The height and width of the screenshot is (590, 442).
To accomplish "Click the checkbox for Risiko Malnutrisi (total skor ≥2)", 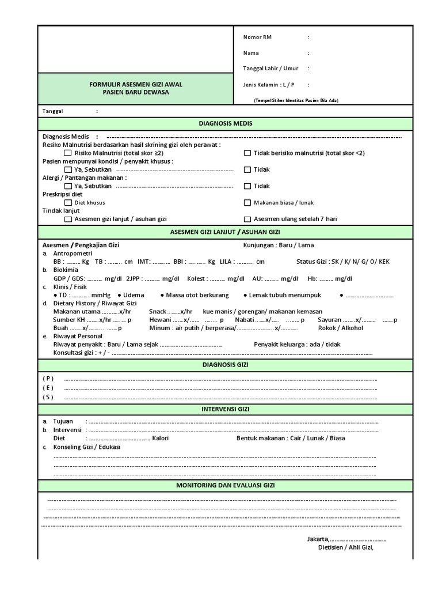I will click(x=68, y=153).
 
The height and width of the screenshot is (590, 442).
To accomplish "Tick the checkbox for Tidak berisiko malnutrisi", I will click(x=247, y=153).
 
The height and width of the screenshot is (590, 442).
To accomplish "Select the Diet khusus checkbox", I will click(x=68, y=203).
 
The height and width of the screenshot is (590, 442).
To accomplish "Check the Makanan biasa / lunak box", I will click(x=247, y=203).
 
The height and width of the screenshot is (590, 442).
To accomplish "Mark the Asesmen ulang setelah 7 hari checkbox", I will click(x=247, y=219).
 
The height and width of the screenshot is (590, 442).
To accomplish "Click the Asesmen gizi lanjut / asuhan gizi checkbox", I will click(x=68, y=219).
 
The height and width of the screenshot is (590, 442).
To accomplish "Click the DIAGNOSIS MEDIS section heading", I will click(x=225, y=124).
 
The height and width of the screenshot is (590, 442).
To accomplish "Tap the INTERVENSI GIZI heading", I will click(x=225, y=409).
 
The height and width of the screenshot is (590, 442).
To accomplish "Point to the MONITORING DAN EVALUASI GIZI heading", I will click(x=225, y=486).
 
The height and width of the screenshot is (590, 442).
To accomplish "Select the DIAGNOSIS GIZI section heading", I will click(x=225, y=365).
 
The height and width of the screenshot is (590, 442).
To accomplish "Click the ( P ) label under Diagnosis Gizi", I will click(x=48, y=378).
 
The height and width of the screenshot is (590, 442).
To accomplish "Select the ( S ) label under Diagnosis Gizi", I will click(x=48, y=397).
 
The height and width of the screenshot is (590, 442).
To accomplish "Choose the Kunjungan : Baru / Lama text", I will click(x=279, y=245).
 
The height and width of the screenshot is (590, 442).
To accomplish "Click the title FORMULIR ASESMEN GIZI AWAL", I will click(x=136, y=85).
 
